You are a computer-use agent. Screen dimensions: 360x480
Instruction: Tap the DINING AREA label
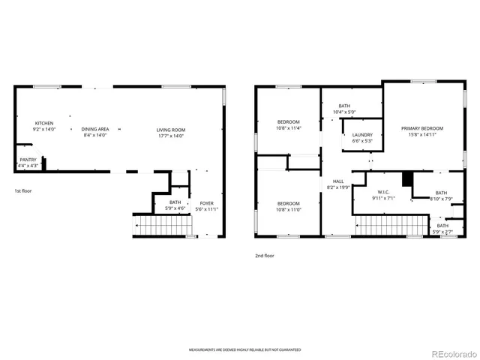pos(95,129)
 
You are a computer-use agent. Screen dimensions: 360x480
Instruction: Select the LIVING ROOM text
pos(171,129)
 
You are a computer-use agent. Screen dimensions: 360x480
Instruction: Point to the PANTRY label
pos(28,159)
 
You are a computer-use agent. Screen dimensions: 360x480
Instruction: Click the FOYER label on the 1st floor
pos(205,202)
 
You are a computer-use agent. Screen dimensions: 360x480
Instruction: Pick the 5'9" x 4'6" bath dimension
pos(175,208)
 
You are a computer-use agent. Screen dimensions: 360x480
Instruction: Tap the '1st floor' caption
pos(23,190)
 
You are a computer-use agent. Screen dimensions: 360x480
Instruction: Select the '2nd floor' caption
pos(264,256)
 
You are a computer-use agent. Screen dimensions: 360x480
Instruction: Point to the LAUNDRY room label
pos(362,135)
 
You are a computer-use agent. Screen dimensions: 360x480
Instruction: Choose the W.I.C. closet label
pos(382,193)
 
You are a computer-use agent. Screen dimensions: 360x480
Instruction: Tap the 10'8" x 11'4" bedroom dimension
pos(289,128)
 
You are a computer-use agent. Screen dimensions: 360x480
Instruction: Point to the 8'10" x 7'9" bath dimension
pos(441,199)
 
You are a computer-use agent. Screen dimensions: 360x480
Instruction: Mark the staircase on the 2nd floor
pos(390,225)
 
